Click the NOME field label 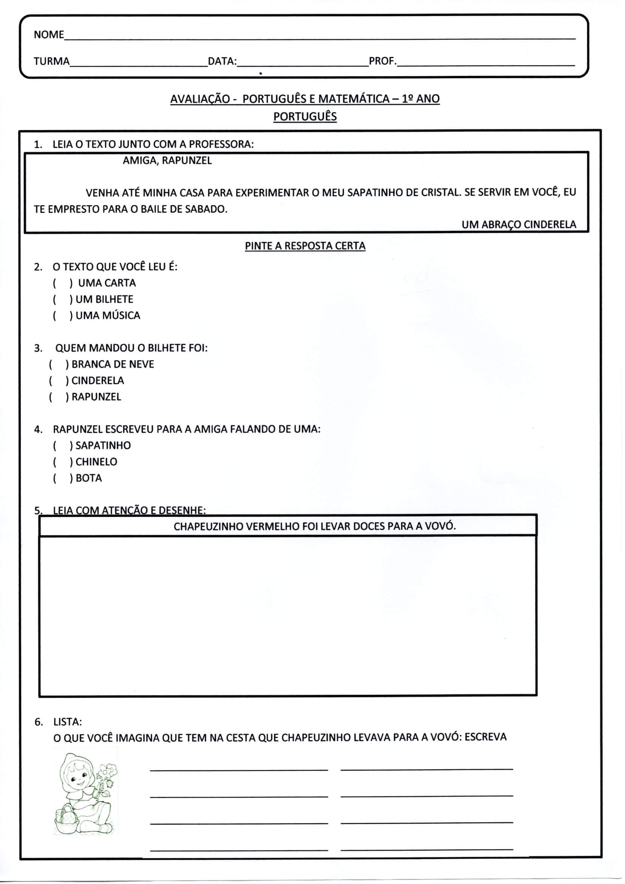coord(48,35)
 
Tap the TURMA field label coord(51,62)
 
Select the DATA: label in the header coord(222,62)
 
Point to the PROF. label coord(382,61)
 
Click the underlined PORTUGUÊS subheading coord(305,117)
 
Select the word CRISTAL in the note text coord(441,192)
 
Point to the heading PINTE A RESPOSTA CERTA coord(305,246)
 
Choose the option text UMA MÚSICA coord(108,316)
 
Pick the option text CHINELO coord(96,462)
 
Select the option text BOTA coord(88,478)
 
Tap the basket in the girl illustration coord(66,820)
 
